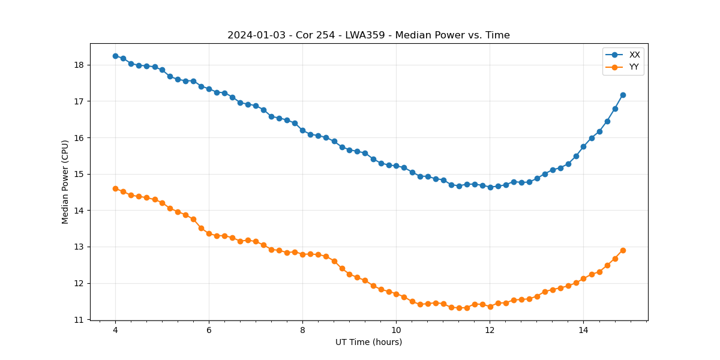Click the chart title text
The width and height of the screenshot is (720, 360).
pyautogui.click(x=368, y=35)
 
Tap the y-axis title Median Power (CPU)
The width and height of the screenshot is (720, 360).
pyautogui.click(x=65, y=182)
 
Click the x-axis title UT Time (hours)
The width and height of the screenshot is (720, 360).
pyautogui.click(x=368, y=342)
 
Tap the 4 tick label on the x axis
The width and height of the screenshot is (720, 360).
pyautogui.click(x=115, y=330)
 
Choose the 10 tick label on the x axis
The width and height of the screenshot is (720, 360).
pyautogui.click(x=396, y=330)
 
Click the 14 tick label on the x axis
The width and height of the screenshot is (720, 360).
pyautogui.click(x=583, y=330)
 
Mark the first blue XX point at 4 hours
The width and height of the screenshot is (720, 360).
pyautogui.click(x=115, y=56)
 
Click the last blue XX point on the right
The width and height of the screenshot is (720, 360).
pyautogui.click(x=623, y=95)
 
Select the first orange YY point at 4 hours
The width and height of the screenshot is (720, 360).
pyautogui.click(x=115, y=188)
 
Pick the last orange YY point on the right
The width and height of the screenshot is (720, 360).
pyautogui.click(x=623, y=250)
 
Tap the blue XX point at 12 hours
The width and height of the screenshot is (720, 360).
pyautogui.click(x=490, y=187)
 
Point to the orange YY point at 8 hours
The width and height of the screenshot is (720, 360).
pyautogui.click(x=302, y=254)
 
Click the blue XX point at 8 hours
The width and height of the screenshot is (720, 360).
pyautogui.click(x=302, y=130)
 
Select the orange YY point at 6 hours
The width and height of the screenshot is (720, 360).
pyautogui.click(x=209, y=233)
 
